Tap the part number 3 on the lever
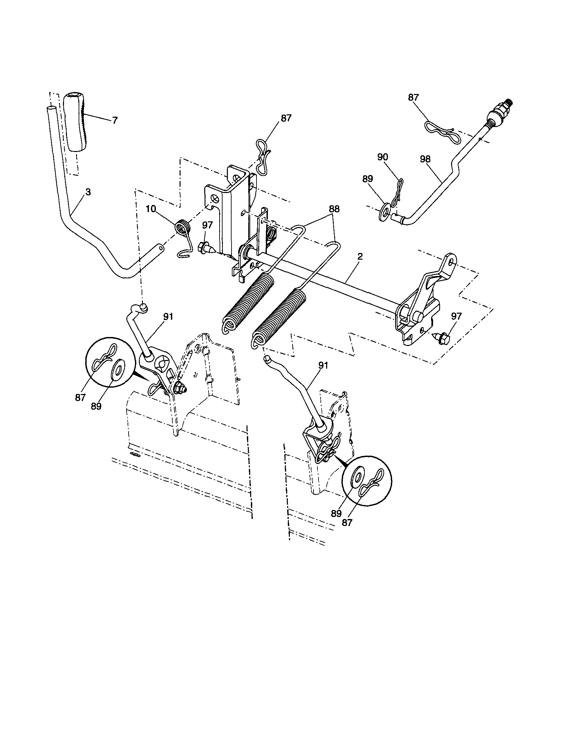[88, 192]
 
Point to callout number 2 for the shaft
[359, 256]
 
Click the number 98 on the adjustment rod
[425, 159]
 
